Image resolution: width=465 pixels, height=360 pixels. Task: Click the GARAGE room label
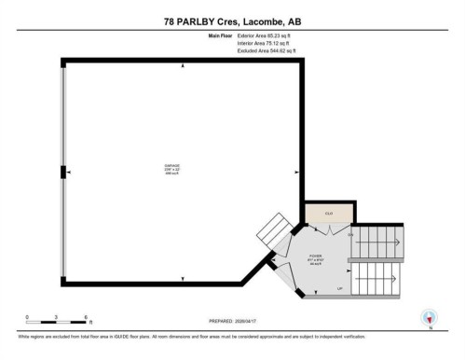coord(172,165)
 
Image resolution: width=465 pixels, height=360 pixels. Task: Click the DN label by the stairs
coord(350,234)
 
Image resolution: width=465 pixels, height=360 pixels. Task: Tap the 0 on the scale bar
coord(28,317)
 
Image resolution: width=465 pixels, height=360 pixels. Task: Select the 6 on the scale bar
coord(86,317)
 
